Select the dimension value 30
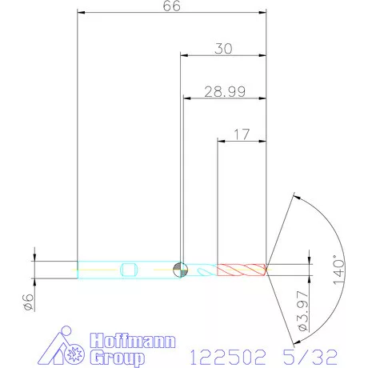click(223, 48)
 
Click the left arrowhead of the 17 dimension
click(222, 142)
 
